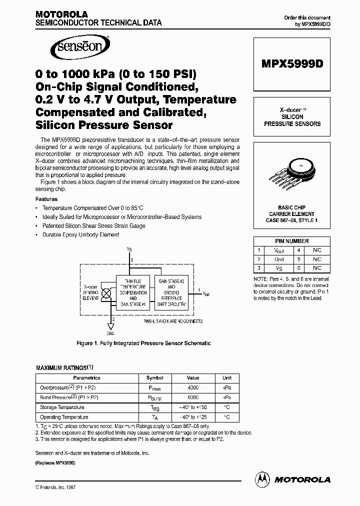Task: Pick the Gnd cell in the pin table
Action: pyautogui.click(x=279, y=259)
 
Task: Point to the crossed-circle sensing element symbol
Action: pyautogui.click(x=106, y=294)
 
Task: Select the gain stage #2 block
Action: pyautogui.click(x=171, y=292)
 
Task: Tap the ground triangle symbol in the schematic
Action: pyautogui.click(x=111, y=326)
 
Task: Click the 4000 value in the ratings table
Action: pyautogui.click(x=193, y=387)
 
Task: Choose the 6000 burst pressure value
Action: pyautogui.click(x=193, y=397)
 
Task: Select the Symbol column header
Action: pyautogui.click(x=154, y=378)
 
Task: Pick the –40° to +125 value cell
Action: pyautogui.click(x=193, y=416)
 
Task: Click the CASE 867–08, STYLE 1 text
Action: pyautogui.click(x=291, y=220)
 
